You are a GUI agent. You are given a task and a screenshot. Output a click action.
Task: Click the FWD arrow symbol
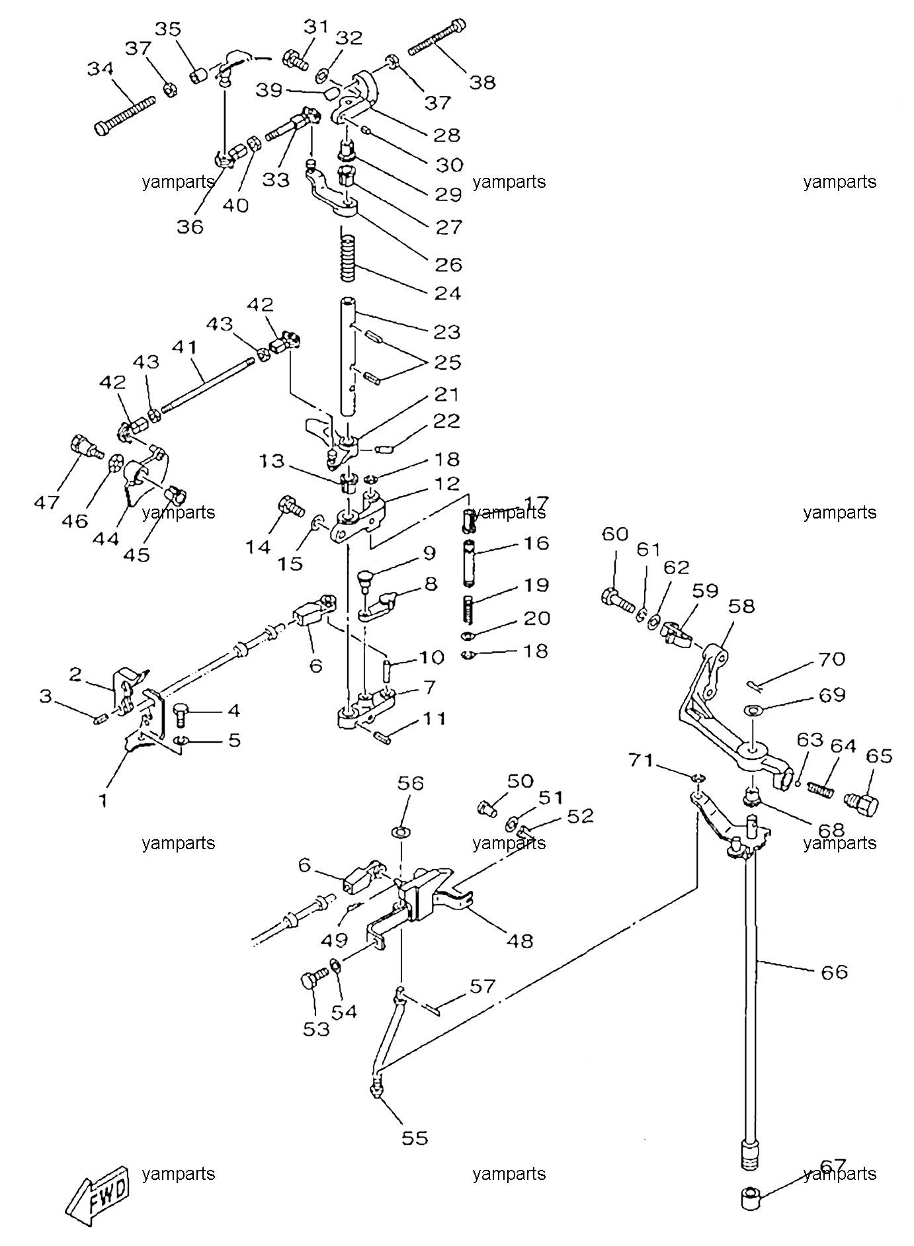pyautogui.click(x=100, y=1194)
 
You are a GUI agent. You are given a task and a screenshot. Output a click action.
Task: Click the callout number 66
pyautogui.click(x=833, y=972)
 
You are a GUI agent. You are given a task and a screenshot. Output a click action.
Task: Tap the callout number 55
pyautogui.click(x=415, y=1138)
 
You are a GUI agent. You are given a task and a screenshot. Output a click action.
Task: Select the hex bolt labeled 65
pyautogui.click(x=862, y=804)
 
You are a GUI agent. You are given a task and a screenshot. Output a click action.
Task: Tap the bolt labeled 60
pyautogui.click(x=618, y=601)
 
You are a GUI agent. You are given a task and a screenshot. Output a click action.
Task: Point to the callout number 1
pyautogui.click(x=103, y=800)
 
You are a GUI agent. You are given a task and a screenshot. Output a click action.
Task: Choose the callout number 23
pyautogui.click(x=447, y=331)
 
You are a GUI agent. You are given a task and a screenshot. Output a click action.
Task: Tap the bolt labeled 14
pyautogui.click(x=291, y=507)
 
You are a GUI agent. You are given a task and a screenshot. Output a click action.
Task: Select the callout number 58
pyautogui.click(x=741, y=606)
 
